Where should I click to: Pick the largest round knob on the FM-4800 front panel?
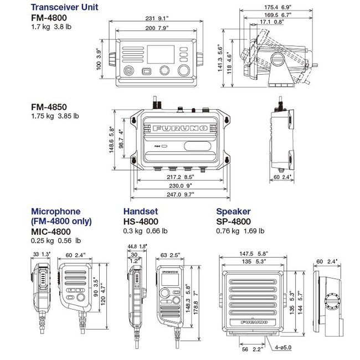pyautogui.click(x=184, y=71)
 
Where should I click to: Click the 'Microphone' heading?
pyautogui.click(x=55, y=212)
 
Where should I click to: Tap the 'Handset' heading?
pyautogui.click(x=140, y=212)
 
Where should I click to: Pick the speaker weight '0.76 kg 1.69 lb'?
pyautogui.click(x=239, y=231)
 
